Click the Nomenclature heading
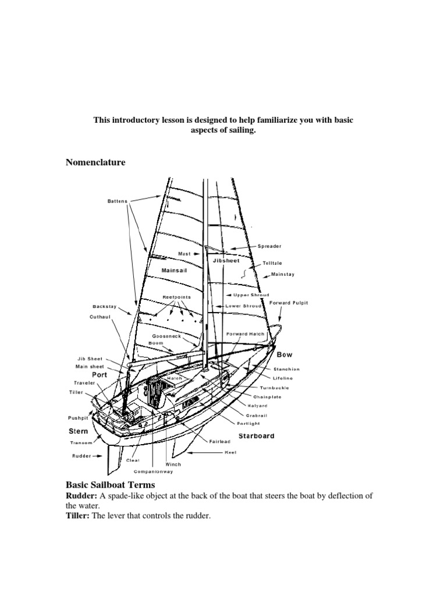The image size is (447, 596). coord(95,163)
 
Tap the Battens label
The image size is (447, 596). coord(117,201)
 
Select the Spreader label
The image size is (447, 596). coord(269,246)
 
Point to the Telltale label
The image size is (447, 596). coord(274,264)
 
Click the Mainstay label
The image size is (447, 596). coord(283,274)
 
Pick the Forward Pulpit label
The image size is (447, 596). coord(289,303)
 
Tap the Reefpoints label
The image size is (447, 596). coord(176,297)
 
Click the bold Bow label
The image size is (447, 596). coord(285,354)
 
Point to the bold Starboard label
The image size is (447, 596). coord(256,436)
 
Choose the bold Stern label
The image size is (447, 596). coord(79,431)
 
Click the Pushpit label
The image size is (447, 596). coord(77,418)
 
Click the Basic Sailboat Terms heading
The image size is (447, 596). coord(111,485)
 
